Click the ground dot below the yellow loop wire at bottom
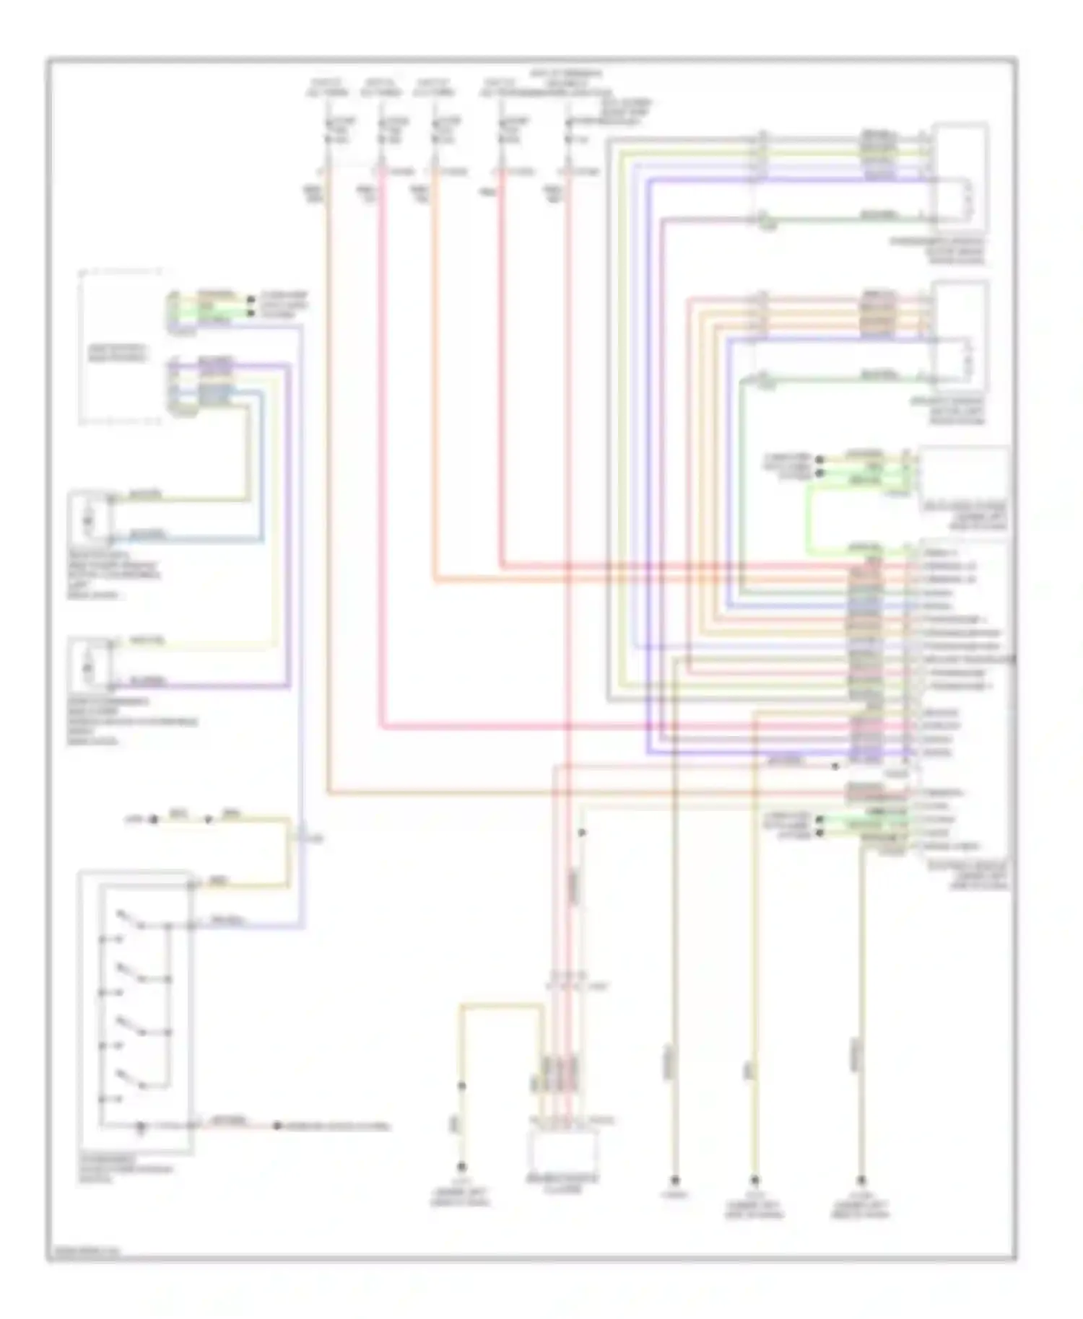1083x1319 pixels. tap(462, 1167)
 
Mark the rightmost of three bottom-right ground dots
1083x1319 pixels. tap(861, 1181)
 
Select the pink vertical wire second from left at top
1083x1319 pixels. tap(380, 469)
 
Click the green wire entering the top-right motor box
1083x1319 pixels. tap(830, 218)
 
